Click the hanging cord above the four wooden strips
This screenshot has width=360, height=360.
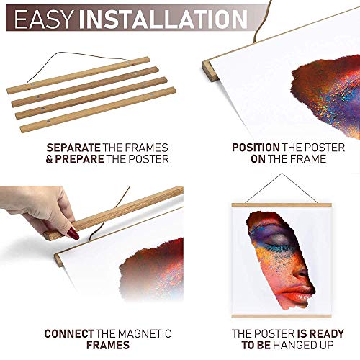click(x=65, y=58)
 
